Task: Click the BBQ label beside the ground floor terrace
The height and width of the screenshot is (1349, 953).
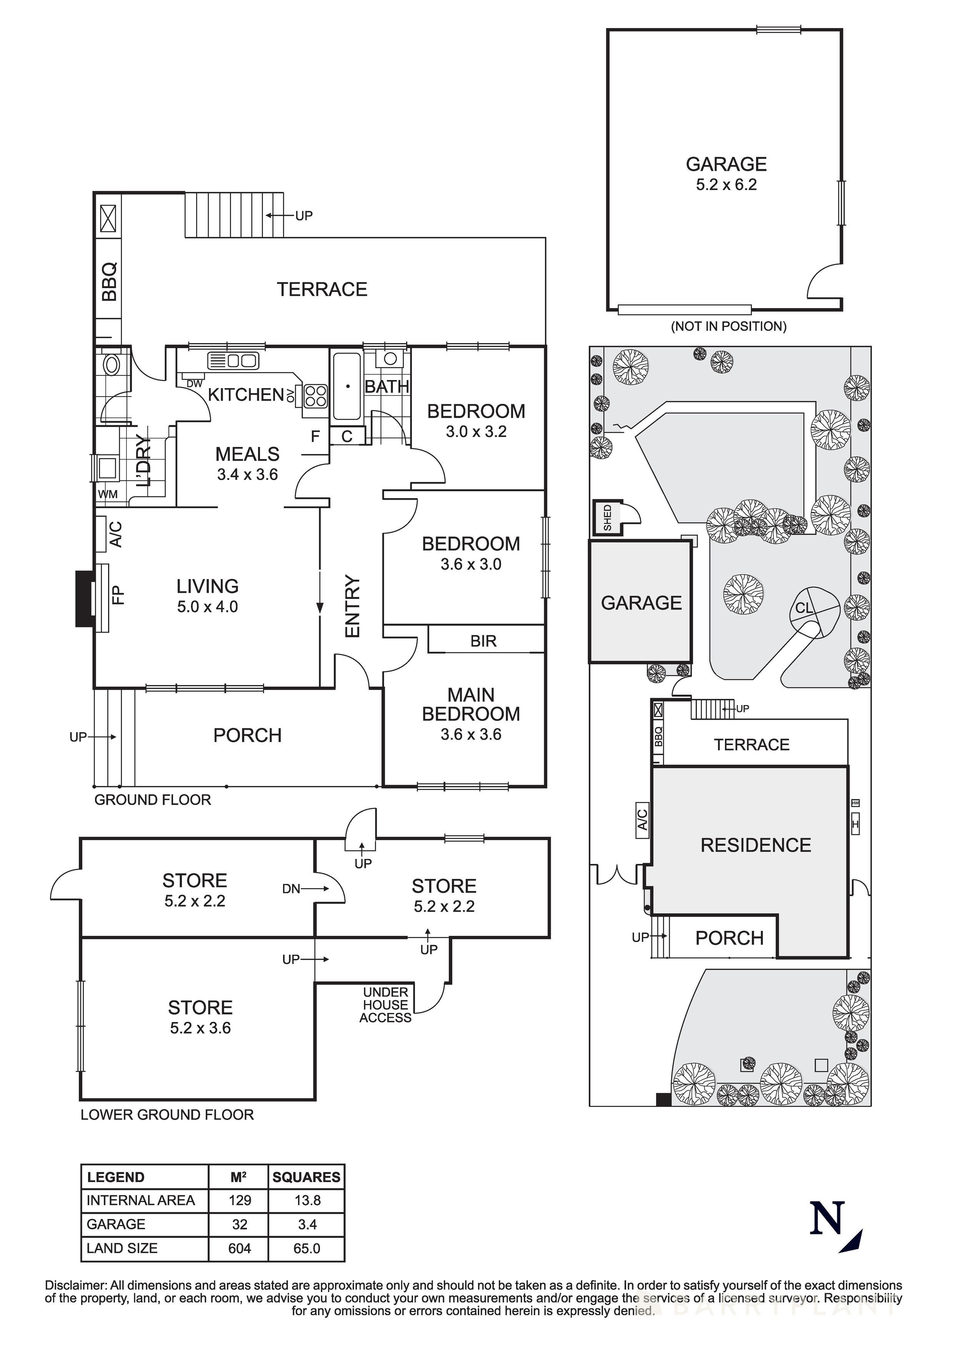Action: pyautogui.click(x=109, y=282)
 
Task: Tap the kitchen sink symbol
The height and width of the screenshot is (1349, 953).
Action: pyautogui.click(x=233, y=360)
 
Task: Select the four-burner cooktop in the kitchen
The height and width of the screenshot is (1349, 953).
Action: pyautogui.click(x=315, y=395)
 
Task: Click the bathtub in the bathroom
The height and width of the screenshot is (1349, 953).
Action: pyautogui.click(x=347, y=386)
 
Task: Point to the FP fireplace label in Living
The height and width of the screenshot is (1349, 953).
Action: pyautogui.click(x=118, y=595)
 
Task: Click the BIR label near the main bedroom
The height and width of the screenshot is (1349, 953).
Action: pyautogui.click(x=483, y=641)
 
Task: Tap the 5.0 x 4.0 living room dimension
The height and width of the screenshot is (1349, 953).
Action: pyautogui.click(x=207, y=607)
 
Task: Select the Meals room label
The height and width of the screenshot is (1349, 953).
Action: pyautogui.click(x=247, y=454)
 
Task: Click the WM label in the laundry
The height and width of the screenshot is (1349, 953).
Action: pyautogui.click(x=108, y=494)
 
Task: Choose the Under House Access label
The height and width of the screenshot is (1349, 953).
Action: pyautogui.click(x=385, y=1005)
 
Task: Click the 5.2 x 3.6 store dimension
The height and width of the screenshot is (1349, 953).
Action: pyautogui.click(x=200, y=1027)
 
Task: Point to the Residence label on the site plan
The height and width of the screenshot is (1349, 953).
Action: pyautogui.click(x=756, y=845)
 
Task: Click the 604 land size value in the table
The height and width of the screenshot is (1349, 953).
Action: pyautogui.click(x=239, y=1248)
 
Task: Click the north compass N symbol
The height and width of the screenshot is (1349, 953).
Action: pyautogui.click(x=827, y=1218)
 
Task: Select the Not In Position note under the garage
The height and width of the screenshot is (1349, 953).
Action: pyautogui.click(x=728, y=326)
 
